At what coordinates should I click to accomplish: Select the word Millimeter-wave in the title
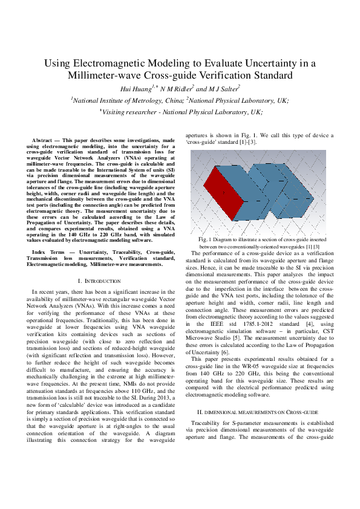click(x=100, y=76)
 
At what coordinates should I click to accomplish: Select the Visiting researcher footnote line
click(x=180, y=112)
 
